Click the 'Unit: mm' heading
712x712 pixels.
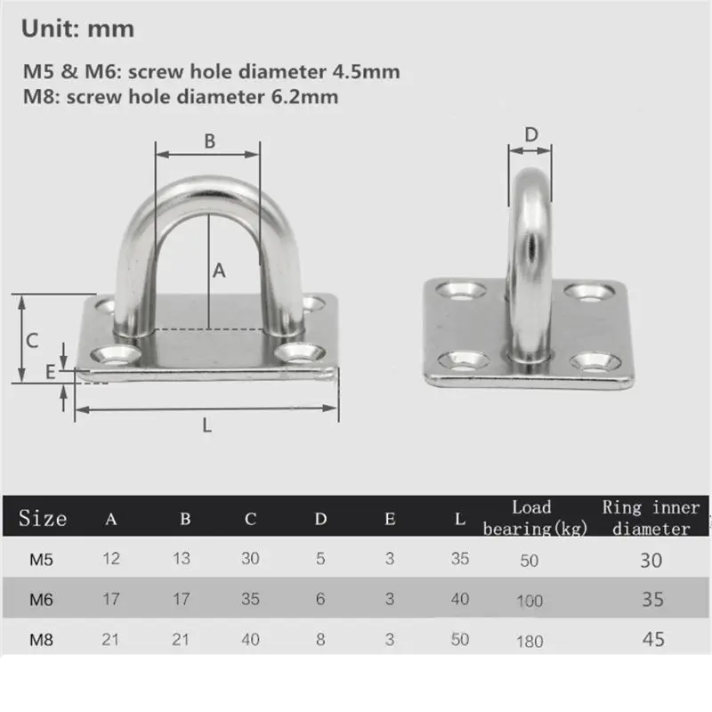pos(77,28)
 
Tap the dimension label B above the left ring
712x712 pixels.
pos(209,140)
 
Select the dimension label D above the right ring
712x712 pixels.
pos(531,134)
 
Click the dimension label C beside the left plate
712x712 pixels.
pos(31,339)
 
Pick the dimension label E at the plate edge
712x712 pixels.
pos(50,371)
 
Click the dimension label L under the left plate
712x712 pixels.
pos(206,425)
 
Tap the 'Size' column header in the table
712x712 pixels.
pos(43,518)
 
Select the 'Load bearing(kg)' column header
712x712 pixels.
pos(531,518)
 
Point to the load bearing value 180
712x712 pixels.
pos(530,641)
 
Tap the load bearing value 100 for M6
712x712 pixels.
pos(530,601)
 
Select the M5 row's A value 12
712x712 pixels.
pos(112,560)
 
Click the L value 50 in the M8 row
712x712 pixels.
pos(459,639)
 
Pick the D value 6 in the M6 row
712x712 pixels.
pos(321,600)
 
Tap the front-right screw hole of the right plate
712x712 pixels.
pos(591,360)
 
